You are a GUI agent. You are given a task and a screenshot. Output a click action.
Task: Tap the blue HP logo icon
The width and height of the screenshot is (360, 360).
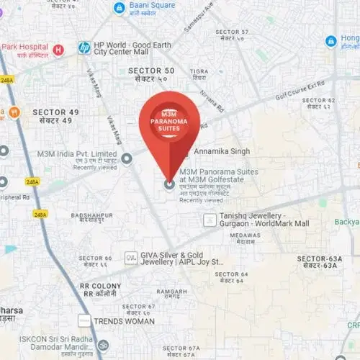click(x=84, y=48)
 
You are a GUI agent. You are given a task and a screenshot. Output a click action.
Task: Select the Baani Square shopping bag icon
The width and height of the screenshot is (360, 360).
click(x=120, y=7)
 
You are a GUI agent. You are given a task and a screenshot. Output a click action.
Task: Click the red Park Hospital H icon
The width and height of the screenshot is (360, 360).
click(x=59, y=49)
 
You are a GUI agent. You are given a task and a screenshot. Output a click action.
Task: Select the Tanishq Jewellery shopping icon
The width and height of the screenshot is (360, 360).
click(x=209, y=220)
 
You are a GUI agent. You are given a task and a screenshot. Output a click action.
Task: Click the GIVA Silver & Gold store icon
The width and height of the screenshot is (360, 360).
click(x=130, y=257)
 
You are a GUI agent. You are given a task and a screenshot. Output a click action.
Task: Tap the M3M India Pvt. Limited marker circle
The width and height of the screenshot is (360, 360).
click(x=127, y=158)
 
